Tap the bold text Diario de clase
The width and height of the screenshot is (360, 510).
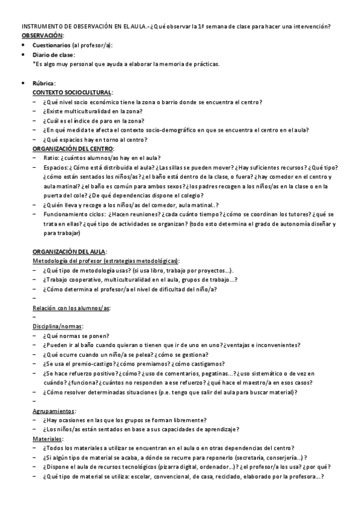click(53, 55)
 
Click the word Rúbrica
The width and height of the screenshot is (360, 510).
click(44, 83)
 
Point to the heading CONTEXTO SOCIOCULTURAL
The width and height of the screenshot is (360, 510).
click(72, 93)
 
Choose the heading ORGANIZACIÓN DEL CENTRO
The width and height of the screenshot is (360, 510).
click(73, 149)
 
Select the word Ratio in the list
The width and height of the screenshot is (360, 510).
click(50, 158)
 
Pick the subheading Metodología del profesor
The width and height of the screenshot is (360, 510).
click(67, 260)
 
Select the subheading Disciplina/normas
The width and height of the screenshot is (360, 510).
click(57, 327)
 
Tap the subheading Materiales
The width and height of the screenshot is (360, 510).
click(47, 439)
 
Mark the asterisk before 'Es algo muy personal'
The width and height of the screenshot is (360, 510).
click(34, 64)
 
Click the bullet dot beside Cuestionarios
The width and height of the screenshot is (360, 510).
click(23, 46)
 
